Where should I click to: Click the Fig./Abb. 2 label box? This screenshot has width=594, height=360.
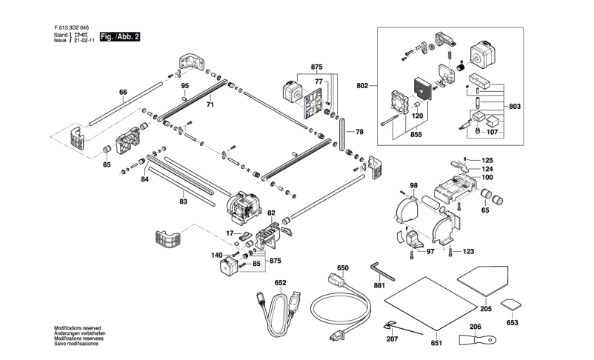click(x=119, y=36)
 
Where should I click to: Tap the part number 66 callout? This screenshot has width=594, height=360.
click(x=124, y=93)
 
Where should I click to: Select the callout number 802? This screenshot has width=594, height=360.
click(x=361, y=85)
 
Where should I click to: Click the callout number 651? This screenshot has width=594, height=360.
click(x=436, y=343)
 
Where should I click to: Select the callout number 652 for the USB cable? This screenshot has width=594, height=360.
click(x=280, y=282)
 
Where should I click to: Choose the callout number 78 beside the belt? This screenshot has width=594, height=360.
click(x=359, y=132)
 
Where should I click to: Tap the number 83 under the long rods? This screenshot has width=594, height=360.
click(x=183, y=201)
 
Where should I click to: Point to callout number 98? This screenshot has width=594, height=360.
click(x=413, y=185)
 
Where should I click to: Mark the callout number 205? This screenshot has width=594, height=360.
click(x=486, y=308)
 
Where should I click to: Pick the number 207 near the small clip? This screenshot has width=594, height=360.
click(x=392, y=339)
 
